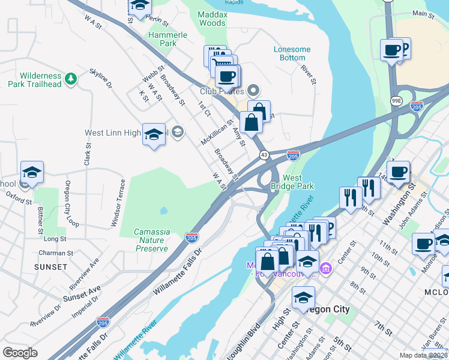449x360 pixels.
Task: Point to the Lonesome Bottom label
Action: click(x=292, y=53)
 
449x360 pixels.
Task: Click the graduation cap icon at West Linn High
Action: click(x=154, y=134)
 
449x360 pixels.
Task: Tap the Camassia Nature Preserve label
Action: click(x=151, y=240)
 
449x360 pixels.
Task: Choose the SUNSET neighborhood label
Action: click(x=51, y=266)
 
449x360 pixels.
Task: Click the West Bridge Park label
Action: click(x=292, y=182)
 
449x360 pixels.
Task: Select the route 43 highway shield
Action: click(x=264, y=155)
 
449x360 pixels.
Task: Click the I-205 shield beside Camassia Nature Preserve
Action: click(x=192, y=238)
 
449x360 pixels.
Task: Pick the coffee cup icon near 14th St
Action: click(x=398, y=172)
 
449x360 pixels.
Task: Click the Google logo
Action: click(x=20, y=352)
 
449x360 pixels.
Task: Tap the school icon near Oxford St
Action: click(x=32, y=173)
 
